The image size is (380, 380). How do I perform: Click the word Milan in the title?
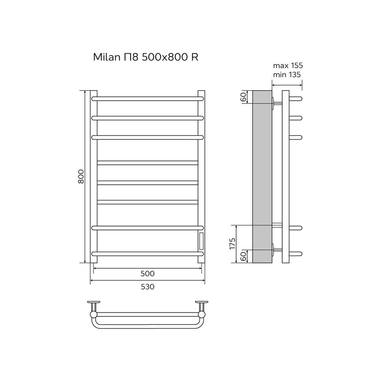click(x=106, y=57)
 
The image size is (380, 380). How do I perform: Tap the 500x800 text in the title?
click(x=165, y=57)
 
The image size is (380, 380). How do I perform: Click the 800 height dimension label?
click(x=81, y=176)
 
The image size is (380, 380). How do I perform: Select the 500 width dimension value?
click(x=147, y=274)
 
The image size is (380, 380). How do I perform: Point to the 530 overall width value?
click(x=147, y=287)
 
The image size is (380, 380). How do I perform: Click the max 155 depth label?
click(x=288, y=66)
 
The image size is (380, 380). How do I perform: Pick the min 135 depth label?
click(x=287, y=75)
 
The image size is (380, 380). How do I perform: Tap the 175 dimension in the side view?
click(x=232, y=244)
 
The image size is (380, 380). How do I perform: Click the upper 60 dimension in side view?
click(x=244, y=97)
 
